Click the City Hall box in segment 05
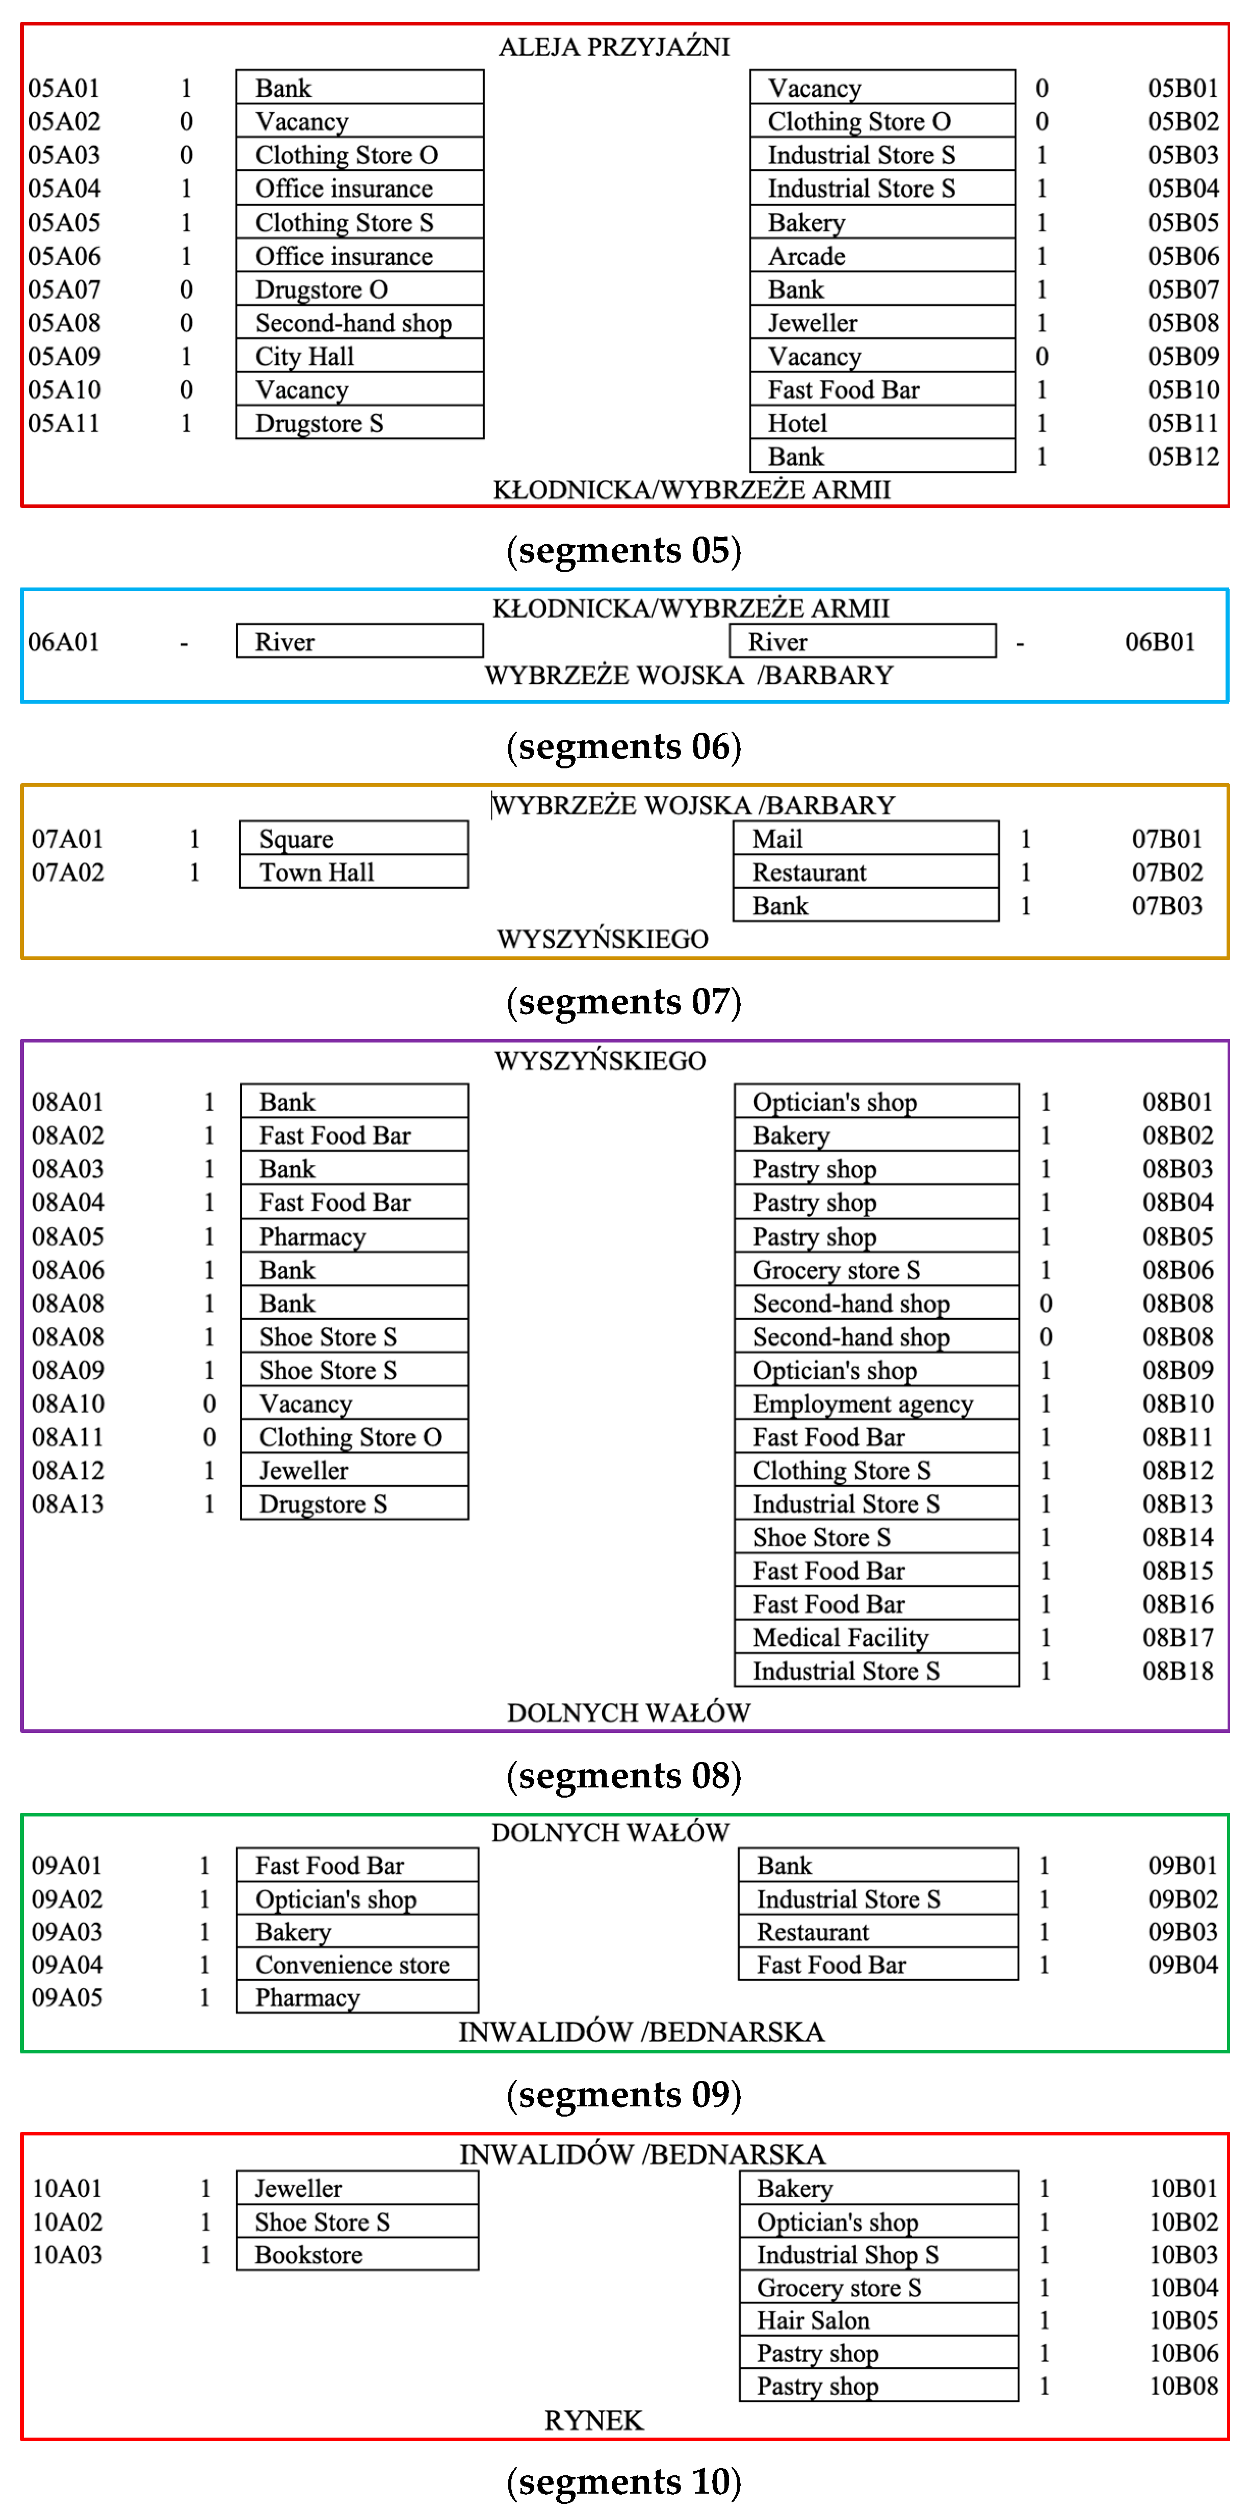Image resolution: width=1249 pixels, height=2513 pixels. [x=359, y=356]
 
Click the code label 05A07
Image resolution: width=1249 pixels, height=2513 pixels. [x=64, y=290]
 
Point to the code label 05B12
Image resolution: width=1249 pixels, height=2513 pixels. [x=1183, y=457]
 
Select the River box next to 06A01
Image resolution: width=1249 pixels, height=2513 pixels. [x=359, y=641]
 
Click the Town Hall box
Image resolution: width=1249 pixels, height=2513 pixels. [x=353, y=872]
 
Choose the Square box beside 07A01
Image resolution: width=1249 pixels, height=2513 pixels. [x=353, y=839]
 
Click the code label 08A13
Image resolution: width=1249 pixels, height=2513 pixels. [x=68, y=1503]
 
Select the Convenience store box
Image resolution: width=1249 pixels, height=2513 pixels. [x=357, y=1964]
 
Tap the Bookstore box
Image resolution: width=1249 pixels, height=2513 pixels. [x=357, y=2255]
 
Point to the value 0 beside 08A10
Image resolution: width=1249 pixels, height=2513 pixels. [x=209, y=1404]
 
